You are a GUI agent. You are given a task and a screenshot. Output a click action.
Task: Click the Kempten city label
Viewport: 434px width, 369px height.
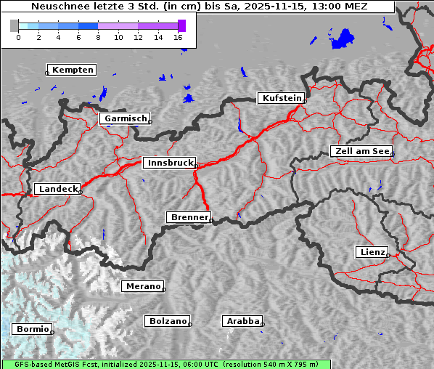(x=73, y=70)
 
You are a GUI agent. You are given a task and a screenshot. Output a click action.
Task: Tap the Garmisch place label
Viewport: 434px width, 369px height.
(x=126, y=118)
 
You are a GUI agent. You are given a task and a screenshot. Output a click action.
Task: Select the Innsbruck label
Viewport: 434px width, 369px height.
(x=169, y=163)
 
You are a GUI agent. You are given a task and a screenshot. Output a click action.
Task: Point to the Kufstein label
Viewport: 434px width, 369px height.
(x=282, y=98)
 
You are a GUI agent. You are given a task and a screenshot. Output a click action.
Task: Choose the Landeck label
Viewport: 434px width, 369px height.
(x=57, y=189)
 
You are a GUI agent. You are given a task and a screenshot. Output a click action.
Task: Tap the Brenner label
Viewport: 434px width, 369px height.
(x=189, y=217)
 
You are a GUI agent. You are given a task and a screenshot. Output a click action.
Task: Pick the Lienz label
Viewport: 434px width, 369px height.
(x=372, y=252)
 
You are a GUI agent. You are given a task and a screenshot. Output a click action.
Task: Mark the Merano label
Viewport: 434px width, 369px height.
(x=143, y=286)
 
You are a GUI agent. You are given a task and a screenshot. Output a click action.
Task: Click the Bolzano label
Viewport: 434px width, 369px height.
(x=168, y=321)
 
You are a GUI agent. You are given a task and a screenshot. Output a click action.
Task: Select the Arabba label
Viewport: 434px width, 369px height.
(x=242, y=321)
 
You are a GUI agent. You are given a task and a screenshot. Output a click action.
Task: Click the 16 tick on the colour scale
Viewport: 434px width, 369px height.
(x=179, y=37)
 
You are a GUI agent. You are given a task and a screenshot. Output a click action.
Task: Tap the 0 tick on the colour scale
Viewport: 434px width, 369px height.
(x=18, y=37)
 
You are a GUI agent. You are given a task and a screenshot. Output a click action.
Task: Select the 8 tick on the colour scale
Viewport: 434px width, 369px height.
(x=98, y=37)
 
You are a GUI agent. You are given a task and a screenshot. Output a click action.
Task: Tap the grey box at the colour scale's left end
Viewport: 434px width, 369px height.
(x=14, y=25)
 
